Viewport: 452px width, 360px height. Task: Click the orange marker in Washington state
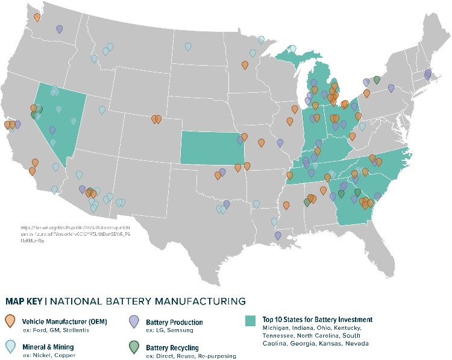coord(37,17)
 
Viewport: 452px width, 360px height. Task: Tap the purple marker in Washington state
coord(59,28)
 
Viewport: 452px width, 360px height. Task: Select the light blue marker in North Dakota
coord(188,46)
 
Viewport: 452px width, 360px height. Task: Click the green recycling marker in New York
coord(377,80)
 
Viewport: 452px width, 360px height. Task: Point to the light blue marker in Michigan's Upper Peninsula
coord(261,40)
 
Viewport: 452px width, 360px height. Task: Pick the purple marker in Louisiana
coord(278,235)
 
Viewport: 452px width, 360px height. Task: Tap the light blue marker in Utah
coord(102,110)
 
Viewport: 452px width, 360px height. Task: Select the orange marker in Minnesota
coord(245,65)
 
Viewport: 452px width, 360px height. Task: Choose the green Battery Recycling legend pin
coord(135,347)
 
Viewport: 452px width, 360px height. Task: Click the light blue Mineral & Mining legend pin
coord(10,347)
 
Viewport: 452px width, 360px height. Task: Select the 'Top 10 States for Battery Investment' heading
coord(317,320)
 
